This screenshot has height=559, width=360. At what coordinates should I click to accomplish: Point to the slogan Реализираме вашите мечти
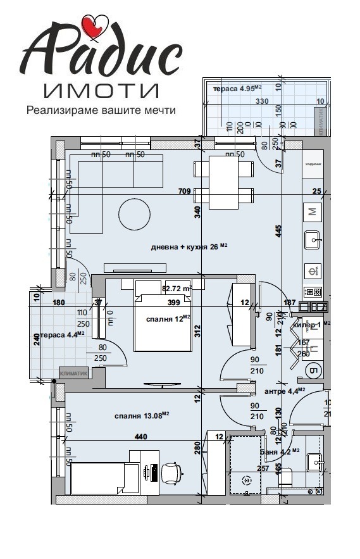tap(101, 110)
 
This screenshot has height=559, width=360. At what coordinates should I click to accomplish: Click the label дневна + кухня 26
tap(189, 247)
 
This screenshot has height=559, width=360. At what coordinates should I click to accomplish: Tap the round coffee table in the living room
tap(134, 215)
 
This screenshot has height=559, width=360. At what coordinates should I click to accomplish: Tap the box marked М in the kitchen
tap(312, 212)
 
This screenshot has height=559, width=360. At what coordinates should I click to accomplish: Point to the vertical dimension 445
tap(278, 232)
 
